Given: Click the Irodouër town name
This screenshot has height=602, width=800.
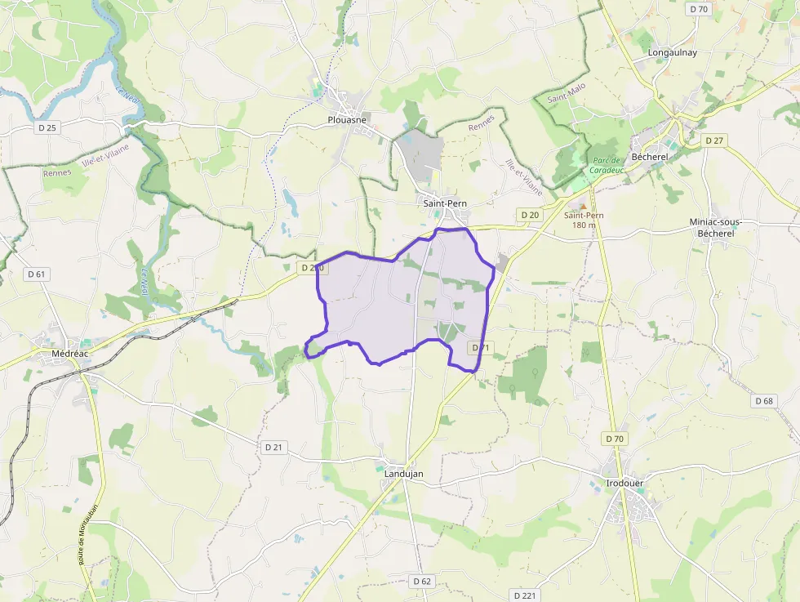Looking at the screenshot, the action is click(625, 483).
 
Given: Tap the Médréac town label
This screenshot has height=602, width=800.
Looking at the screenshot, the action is click(69, 353).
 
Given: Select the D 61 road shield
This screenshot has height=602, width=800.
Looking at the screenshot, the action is click(37, 274).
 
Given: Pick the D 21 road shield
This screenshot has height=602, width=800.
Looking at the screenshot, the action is click(273, 447).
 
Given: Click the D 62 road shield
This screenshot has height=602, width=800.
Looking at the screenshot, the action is click(421, 581).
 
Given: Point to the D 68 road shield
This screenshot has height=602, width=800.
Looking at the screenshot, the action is click(764, 400).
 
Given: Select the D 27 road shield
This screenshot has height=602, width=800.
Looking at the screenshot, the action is click(714, 140).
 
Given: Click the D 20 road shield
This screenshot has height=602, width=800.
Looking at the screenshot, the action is click(530, 215).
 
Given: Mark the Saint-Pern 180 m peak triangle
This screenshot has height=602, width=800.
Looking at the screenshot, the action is click(582, 207).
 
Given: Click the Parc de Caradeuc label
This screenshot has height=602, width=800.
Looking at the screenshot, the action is click(608, 165).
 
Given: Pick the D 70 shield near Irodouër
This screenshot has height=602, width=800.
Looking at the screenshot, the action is click(615, 439).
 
